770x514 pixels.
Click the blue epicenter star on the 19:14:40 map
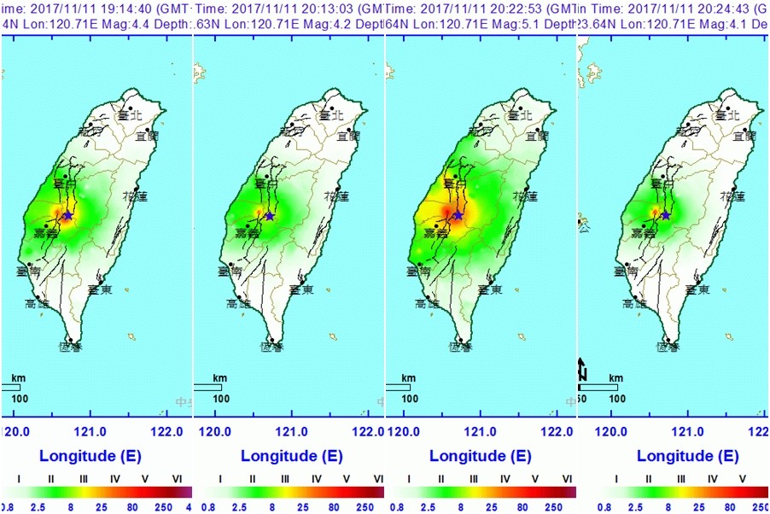(x=67, y=216)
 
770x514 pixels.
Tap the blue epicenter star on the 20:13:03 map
(x=270, y=216)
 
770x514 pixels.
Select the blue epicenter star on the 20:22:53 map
(x=458, y=215)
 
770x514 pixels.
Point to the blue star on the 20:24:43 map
(x=665, y=215)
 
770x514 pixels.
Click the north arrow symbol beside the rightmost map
(x=582, y=369)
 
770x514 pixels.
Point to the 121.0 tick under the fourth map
(x=678, y=432)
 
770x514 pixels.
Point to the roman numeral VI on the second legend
(x=379, y=479)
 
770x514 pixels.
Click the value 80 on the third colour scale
(x=520, y=507)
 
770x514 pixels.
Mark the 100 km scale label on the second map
(x=220, y=398)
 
